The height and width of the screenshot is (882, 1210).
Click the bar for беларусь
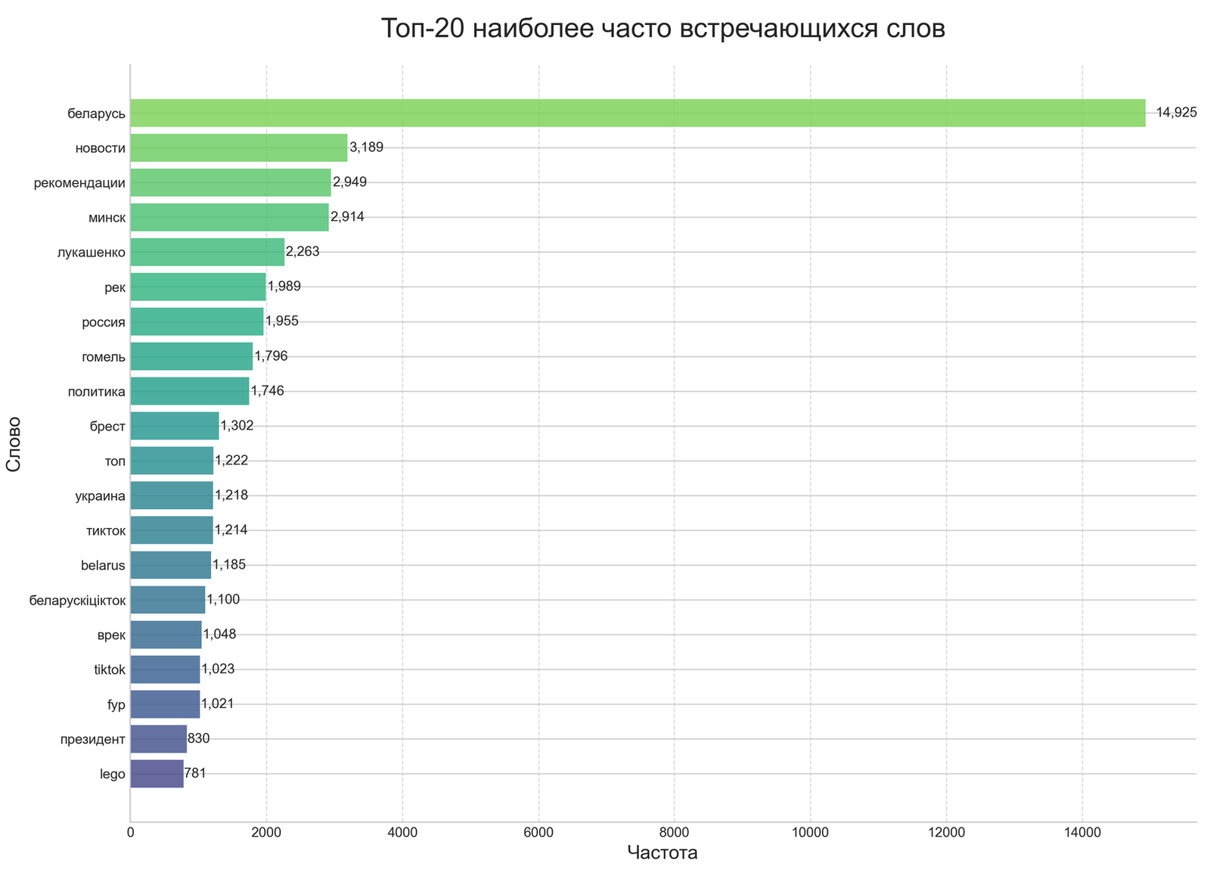(638, 113)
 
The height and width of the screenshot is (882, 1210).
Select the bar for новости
(238, 148)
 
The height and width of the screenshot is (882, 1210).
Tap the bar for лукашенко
(207, 252)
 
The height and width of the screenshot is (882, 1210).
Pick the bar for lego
(157, 774)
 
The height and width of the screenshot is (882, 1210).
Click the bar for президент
(158, 739)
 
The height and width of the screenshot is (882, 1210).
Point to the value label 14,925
(1177, 113)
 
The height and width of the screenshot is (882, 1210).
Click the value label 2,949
(350, 182)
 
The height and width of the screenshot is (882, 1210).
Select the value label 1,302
(237, 426)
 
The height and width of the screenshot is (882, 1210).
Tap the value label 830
(198, 739)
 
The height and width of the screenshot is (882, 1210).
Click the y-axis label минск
(107, 218)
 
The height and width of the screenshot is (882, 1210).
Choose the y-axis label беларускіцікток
(77, 600)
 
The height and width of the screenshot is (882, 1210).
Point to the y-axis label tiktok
(109, 669)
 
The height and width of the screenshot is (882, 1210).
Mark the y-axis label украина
(101, 495)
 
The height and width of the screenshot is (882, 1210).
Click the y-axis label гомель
(104, 356)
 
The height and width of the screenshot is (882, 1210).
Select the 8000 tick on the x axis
(674, 833)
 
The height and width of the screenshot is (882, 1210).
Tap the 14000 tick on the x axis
(1082, 833)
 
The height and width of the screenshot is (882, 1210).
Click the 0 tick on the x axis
(130, 833)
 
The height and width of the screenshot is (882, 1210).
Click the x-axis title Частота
(662, 853)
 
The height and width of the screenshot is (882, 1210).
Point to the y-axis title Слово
(13, 443)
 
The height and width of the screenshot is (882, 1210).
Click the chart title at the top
(662, 29)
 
